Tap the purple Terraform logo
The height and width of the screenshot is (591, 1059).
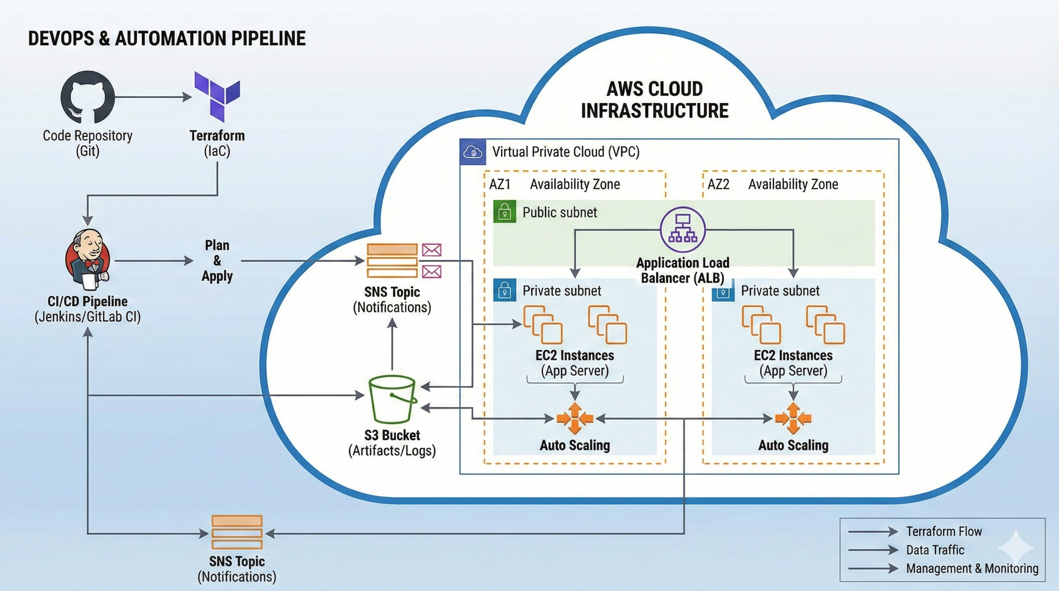click(217, 97)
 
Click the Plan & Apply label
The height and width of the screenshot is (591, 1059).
click(217, 260)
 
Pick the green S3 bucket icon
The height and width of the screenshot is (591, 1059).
click(392, 399)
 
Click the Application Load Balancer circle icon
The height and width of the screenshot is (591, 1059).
click(682, 230)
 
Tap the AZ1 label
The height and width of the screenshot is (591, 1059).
click(499, 184)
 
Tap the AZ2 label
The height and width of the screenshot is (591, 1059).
click(718, 184)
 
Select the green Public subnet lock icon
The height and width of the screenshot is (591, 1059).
click(504, 212)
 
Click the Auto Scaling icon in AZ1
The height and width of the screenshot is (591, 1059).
click(575, 418)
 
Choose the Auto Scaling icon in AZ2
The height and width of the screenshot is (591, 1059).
click(793, 418)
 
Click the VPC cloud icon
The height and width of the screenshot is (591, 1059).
click(473, 152)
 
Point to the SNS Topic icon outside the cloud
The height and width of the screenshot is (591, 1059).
click(237, 532)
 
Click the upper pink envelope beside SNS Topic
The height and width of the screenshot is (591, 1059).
click(432, 249)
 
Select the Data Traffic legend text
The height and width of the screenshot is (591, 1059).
click(935, 550)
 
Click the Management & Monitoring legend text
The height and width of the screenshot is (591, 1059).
click(972, 568)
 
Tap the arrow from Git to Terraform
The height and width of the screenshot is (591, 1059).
click(153, 97)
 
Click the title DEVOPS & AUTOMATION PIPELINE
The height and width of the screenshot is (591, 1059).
click(167, 38)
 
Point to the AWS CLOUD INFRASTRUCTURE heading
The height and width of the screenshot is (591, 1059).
click(655, 100)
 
